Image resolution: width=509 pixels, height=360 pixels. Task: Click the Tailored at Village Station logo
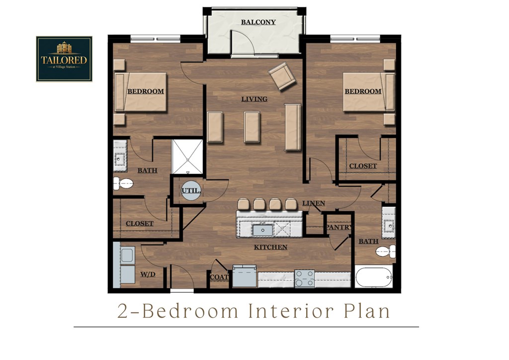pos(64,59)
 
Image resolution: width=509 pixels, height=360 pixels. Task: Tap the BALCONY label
pos(258,22)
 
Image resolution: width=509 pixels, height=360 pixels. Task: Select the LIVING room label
pos(254,99)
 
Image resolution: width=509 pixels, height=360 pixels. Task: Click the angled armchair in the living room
pos(282,76)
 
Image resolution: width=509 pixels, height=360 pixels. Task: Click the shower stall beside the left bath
pos(187,157)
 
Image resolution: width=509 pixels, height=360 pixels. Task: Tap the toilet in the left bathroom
pos(122,183)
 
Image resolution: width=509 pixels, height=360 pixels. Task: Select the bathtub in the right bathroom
pos(373,276)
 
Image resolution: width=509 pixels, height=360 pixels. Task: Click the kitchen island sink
pos(262,230)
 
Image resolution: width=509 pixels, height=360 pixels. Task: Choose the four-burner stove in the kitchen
pos(304,278)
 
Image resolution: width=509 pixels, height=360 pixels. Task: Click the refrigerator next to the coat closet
pos(245,277)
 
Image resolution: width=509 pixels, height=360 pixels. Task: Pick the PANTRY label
pos(339,227)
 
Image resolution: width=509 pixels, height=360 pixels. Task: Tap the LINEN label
pos(314,203)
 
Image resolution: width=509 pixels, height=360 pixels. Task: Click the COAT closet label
pos(219,277)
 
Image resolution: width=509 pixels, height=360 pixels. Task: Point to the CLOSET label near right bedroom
pos(363,166)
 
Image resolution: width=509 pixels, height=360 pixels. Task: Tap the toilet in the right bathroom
pos(386,251)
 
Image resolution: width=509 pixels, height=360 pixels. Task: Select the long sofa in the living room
pos(292,127)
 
